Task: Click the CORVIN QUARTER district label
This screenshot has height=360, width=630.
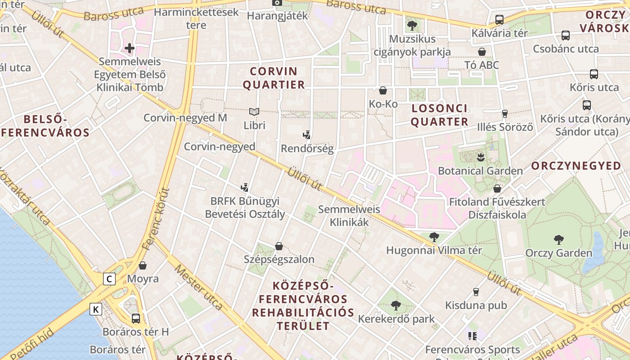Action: coord(274,78)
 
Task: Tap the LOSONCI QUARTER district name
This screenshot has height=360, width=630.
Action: coord(440,115)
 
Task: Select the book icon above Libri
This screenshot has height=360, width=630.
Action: coord(254,111)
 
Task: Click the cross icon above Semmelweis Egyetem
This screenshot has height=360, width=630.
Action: coord(130,48)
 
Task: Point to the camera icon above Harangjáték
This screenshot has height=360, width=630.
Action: coord(277,3)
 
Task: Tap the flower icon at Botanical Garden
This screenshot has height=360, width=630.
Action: coord(480,157)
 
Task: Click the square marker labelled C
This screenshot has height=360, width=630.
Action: coord(109,279)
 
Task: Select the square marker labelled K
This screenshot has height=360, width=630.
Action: coord(96,309)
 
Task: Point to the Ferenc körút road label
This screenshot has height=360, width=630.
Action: coord(156,219)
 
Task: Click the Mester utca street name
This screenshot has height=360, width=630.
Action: coord(198,287)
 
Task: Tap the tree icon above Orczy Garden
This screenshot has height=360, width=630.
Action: coord(559,239)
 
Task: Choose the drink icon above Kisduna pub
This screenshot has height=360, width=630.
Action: coord(476,292)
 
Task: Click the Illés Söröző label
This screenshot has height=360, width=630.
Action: coord(505,127)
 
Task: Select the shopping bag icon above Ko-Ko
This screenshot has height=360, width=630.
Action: coord(383,90)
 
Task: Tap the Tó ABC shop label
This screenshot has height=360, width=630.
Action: coord(481,65)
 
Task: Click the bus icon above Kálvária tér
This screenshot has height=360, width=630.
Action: coord(499,19)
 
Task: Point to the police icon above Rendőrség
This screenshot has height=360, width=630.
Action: coord(307,135)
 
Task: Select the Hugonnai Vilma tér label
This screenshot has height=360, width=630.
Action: coord(434,250)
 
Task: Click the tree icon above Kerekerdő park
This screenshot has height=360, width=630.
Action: coord(396,306)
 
